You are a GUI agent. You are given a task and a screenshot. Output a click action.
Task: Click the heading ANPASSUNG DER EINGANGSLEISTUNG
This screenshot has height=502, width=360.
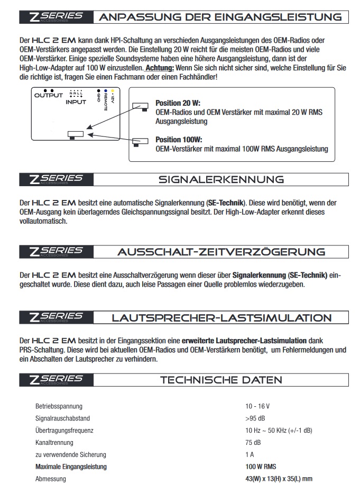[x=220, y=17]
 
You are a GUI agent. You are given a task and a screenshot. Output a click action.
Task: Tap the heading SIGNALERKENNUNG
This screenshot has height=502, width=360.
[x=221, y=179]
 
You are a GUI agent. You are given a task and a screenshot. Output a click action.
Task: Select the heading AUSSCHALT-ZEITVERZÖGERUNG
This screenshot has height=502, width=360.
[x=221, y=251]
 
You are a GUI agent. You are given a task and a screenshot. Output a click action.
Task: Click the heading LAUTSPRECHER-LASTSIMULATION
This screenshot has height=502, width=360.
[x=221, y=318]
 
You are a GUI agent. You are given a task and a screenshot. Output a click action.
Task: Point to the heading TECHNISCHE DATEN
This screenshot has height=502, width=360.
[x=221, y=380]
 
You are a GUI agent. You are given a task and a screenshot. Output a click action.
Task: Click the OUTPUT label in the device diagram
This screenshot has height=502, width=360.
[x=48, y=96]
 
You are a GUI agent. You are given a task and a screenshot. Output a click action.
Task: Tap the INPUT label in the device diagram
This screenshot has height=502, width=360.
[x=76, y=102]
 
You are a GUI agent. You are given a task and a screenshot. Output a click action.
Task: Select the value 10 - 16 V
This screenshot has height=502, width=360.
[x=257, y=407]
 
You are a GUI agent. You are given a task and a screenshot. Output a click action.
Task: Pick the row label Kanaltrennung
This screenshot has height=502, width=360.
[x=54, y=442]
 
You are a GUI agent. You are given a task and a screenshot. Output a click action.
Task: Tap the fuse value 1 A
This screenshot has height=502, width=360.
[x=250, y=454]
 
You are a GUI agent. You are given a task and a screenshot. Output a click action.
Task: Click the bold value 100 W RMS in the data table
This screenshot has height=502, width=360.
[x=261, y=467]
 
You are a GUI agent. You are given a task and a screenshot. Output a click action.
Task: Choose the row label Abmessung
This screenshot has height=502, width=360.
[x=51, y=479]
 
